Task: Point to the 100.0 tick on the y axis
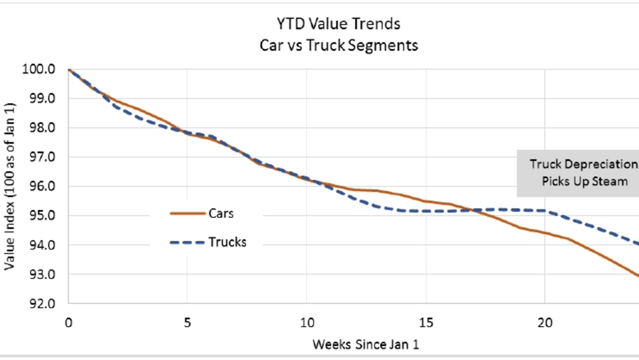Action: [x=41, y=69]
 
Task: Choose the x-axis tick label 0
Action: [x=68, y=322]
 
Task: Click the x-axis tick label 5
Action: [x=187, y=322]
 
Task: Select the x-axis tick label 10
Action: [x=306, y=322]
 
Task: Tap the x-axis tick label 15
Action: [x=426, y=322]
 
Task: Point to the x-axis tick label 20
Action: [x=545, y=322]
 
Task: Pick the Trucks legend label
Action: [x=228, y=242]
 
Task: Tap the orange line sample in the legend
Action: [x=187, y=213]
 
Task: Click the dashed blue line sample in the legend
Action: [x=187, y=243]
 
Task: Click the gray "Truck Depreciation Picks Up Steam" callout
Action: [x=578, y=173]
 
